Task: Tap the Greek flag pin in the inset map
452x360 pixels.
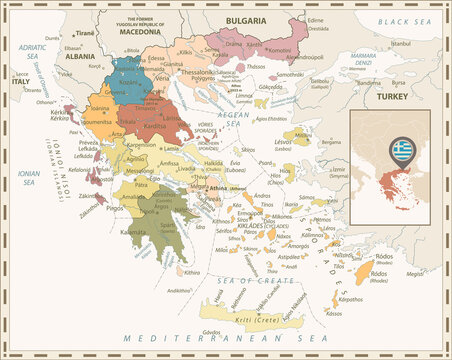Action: tap(402, 151)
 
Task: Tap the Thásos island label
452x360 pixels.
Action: tap(256, 66)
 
